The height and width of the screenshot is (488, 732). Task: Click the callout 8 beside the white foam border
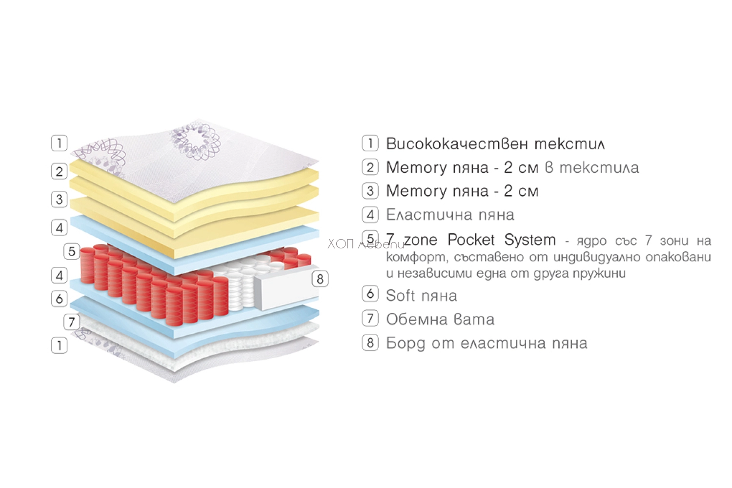point(320,279)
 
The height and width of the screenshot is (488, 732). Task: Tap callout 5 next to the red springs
point(72,251)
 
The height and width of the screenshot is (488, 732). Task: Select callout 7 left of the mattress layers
point(72,322)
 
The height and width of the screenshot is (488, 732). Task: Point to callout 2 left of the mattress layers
point(59,171)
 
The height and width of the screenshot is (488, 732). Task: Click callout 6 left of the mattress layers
point(59,299)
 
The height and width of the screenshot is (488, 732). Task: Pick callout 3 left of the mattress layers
point(59,199)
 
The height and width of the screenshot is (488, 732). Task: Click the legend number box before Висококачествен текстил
point(370,143)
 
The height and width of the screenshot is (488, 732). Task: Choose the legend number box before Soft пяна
point(370,293)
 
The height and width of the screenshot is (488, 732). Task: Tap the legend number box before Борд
point(370,343)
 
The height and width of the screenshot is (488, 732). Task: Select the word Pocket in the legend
point(471,240)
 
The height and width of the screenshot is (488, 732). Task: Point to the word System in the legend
point(530,240)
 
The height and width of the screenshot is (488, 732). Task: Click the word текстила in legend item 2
point(599,168)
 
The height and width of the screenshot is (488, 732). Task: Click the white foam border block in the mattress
point(285,287)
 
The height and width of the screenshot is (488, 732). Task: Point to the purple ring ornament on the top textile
point(195,142)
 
